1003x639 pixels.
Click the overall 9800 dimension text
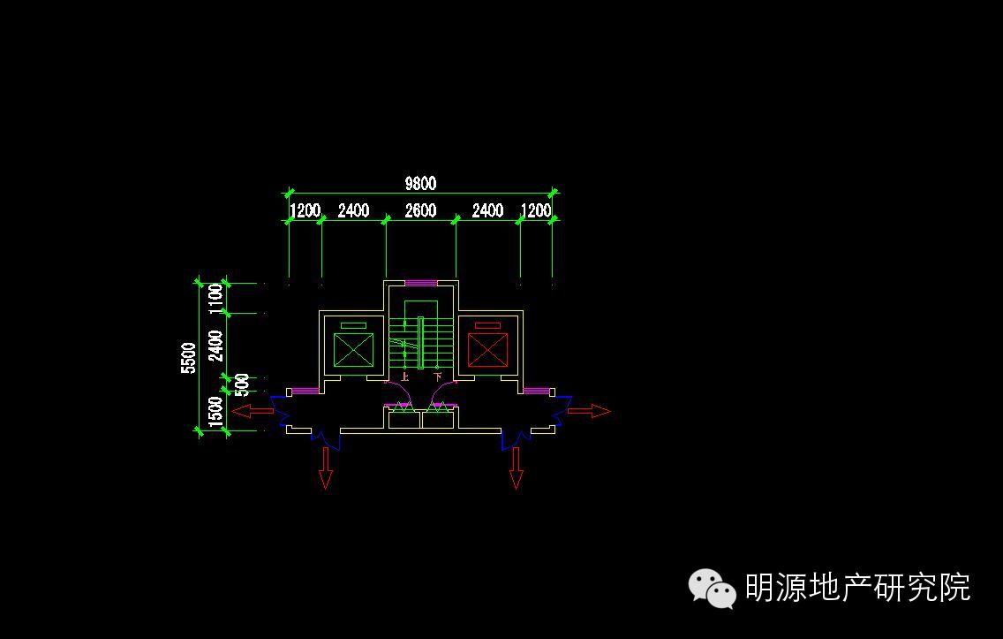point(420,183)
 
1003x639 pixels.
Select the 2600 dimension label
point(420,210)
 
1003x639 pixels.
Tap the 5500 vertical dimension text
point(188,358)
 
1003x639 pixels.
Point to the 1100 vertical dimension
point(215,298)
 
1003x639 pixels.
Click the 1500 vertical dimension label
point(215,413)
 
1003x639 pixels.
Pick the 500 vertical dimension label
point(242,384)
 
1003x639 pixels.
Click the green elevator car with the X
point(353,349)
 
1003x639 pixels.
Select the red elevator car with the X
point(487,349)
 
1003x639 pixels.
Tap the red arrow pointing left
point(253,411)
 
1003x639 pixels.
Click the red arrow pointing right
point(589,411)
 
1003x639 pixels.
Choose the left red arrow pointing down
point(326,468)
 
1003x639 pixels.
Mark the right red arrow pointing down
point(517,468)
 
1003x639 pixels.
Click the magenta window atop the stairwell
point(421,283)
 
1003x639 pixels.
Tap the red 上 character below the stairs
point(404,377)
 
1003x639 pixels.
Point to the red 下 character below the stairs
point(437,377)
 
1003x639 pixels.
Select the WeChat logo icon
point(712,588)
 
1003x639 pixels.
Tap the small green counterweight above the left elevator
point(353,325)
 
